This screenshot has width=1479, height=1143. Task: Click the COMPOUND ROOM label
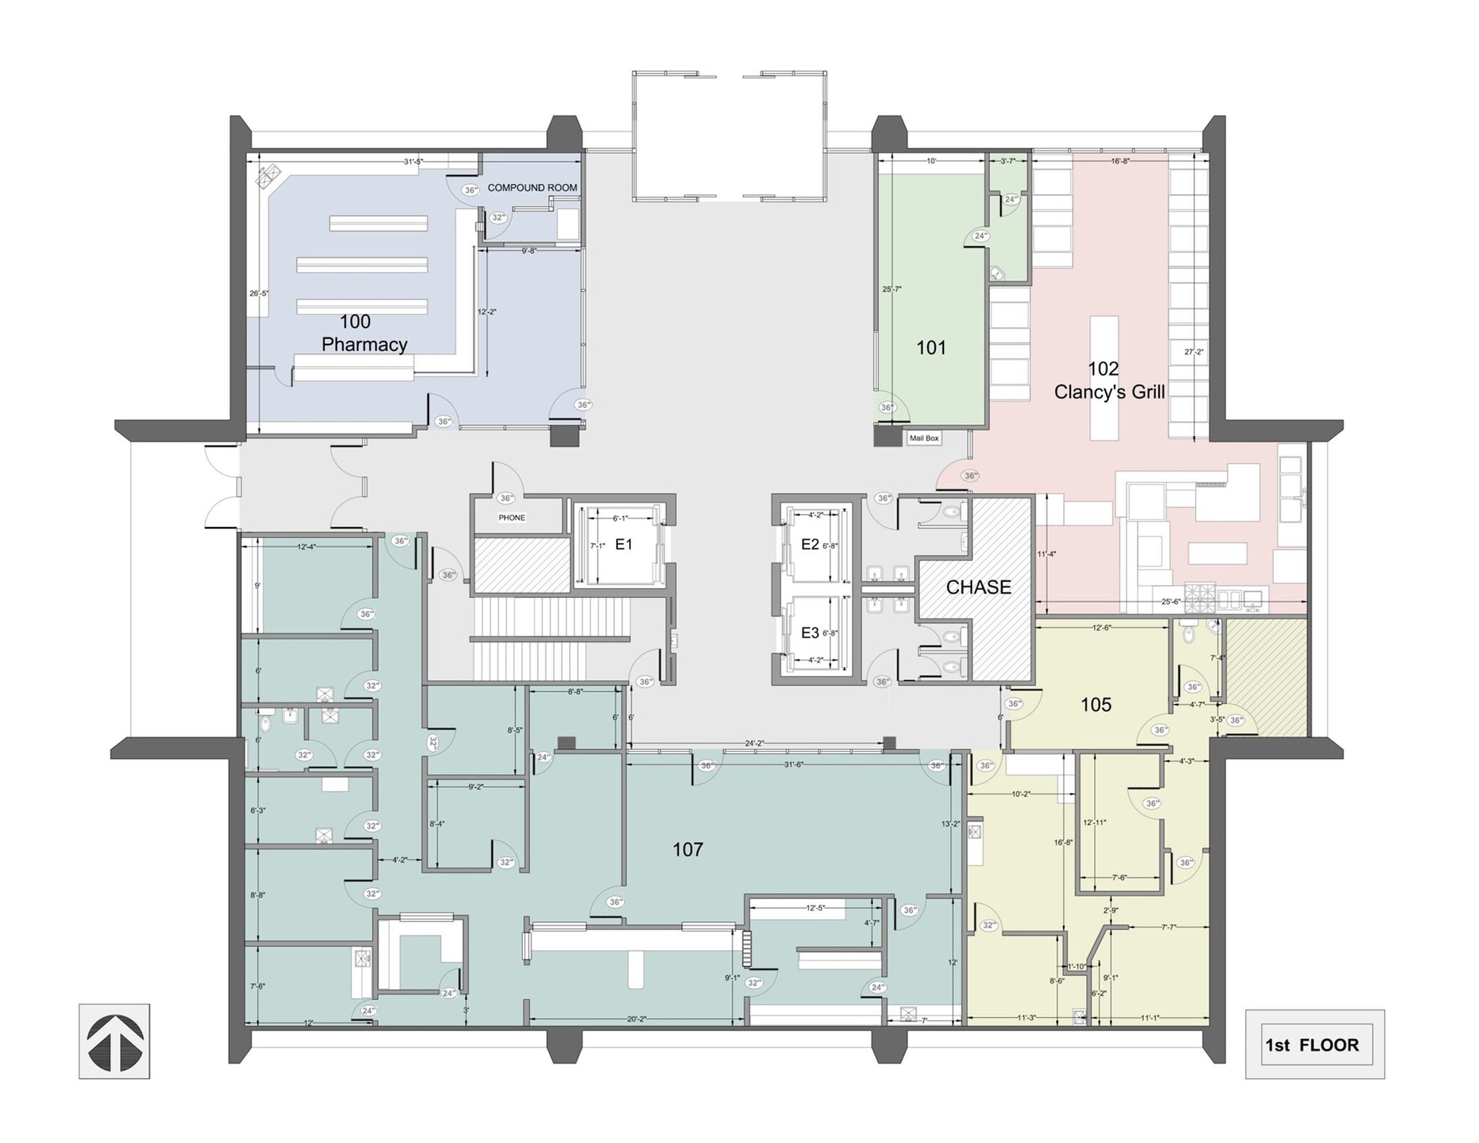(532, 188)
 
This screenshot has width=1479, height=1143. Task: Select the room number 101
(931, 348)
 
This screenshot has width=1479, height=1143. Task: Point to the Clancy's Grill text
(1109, 392)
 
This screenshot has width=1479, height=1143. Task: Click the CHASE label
(979, 587)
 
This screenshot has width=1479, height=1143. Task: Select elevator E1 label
(623, 544)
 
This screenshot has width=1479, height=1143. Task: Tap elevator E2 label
(810, 544)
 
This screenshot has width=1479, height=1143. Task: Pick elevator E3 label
(810, 633)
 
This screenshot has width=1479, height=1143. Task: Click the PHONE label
(511, 518)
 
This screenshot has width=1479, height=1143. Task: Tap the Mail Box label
(924, 438)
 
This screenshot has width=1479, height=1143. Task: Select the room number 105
(1096, 705)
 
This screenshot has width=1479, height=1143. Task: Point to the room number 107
(688, 850)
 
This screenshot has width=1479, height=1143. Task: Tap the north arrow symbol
(114, 1042)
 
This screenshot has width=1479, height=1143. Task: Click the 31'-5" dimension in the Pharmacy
(413, 162)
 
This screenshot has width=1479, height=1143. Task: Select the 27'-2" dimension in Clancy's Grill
(1194, 352)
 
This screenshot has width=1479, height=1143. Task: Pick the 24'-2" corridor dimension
(755, 743)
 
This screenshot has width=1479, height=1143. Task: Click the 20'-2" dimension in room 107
(636, 1019)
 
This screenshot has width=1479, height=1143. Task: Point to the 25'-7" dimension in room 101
(891, 289)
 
